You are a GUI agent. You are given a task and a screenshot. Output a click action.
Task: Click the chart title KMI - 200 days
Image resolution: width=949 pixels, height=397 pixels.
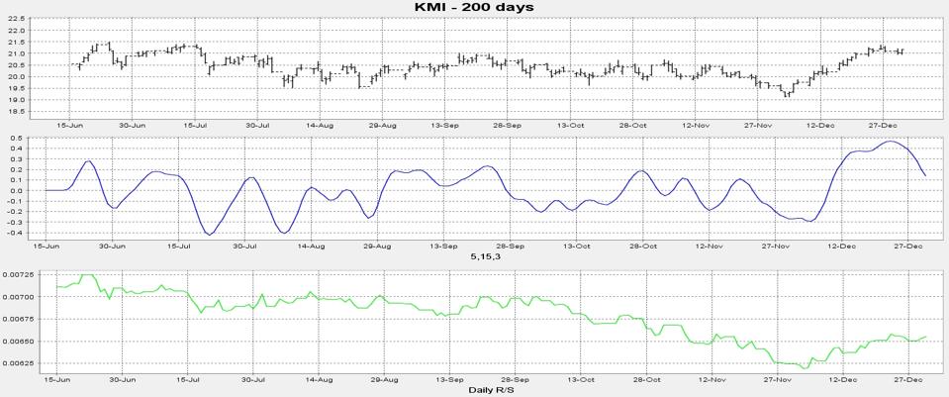474,7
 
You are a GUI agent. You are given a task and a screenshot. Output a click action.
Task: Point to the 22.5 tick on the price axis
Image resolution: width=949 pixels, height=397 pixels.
15,19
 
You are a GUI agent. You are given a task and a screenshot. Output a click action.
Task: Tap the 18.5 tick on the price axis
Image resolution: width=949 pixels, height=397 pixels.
15,112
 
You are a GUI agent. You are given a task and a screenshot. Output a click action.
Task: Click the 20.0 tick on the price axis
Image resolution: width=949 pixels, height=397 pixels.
15,77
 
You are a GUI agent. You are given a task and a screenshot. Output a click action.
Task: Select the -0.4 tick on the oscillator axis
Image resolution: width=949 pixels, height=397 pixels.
15,233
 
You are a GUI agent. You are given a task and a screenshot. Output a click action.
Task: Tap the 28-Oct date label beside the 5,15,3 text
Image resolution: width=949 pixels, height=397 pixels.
642,246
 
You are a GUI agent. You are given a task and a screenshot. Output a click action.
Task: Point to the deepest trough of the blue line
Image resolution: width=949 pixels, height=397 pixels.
210,235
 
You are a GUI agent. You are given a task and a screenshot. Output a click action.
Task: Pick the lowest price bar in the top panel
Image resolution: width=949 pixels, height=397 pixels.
787,94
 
